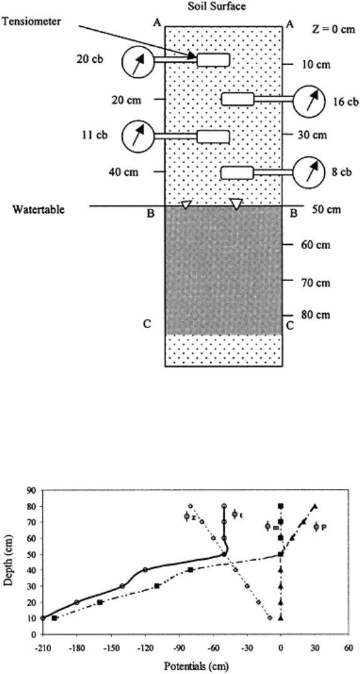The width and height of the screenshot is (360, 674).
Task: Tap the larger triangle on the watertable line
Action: click(x=236, y=204)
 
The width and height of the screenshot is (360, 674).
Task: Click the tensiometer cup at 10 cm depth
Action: click(x=213, y=60)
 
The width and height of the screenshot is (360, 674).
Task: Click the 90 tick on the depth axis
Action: click(x=32, y=490)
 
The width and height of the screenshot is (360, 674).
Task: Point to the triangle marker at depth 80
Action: click(x=315, y=506)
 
